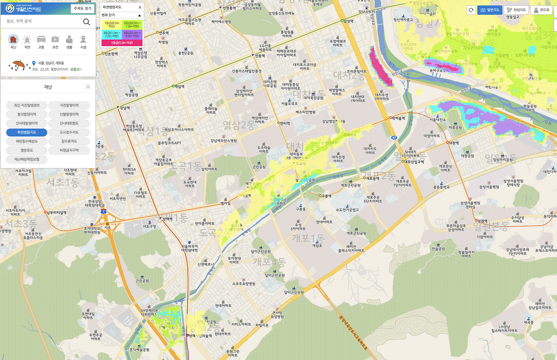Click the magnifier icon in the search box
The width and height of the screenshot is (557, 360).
tap(87, 22)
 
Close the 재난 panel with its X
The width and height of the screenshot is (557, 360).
tap(88, 87)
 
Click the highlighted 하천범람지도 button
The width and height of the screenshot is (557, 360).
tap(27, 132)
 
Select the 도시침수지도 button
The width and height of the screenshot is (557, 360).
tap(69, 132)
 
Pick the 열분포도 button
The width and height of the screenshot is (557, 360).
tap(27, 150)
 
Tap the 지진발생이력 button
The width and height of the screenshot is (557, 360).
tap(69, 105)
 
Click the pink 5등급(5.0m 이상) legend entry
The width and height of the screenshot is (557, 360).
tap(122, 43)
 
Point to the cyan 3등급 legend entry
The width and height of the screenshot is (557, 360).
tap(111, 34)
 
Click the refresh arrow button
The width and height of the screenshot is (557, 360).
tap(471, 10)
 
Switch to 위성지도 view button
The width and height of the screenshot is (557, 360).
tap(516, 10)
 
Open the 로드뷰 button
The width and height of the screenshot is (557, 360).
tap(541, 10)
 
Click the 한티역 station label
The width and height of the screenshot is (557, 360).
tap(285, 123)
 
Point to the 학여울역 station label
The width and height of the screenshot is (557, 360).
tap(398, 118)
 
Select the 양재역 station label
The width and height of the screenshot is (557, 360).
tap(167, 219)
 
